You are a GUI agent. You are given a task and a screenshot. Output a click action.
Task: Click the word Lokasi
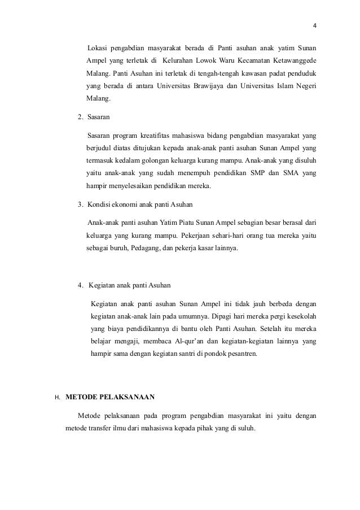tap(98, 46)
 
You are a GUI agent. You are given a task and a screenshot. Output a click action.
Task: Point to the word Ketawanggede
tap(293, 60)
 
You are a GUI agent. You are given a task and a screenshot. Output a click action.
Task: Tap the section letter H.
tap(57, 396)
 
